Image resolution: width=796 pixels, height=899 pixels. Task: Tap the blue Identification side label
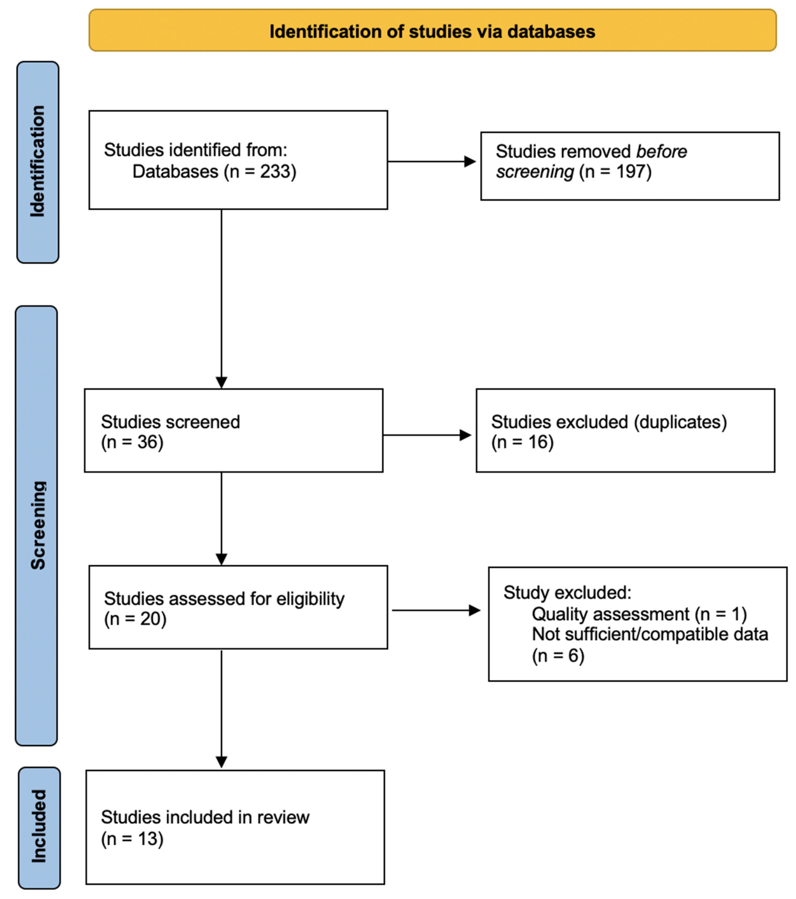coord(38,162)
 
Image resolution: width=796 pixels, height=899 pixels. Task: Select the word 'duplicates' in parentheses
coord(680,422)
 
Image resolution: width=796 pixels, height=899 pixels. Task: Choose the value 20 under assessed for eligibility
coord(151,619)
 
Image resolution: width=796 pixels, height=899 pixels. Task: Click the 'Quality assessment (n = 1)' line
coord(639,614)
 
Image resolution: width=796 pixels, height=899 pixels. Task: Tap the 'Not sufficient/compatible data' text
coord(650,634)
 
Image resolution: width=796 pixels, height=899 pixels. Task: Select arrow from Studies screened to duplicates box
coord(427,435)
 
